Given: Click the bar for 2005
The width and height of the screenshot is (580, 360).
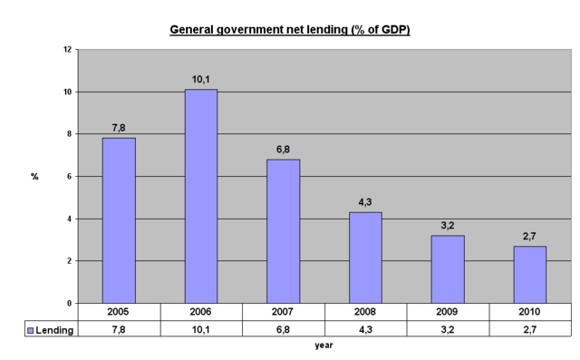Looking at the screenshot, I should (x=119, y=220).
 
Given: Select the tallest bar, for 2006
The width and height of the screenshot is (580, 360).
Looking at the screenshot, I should (x=201, y=196).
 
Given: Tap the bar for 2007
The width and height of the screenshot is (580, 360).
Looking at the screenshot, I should (x=283, y=231).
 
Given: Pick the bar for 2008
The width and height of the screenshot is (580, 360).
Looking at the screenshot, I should (x=365, y=258).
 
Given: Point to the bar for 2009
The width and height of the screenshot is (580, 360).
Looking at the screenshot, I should (x=448, y=269).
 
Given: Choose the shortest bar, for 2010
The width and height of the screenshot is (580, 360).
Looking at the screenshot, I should (x=529, y=274).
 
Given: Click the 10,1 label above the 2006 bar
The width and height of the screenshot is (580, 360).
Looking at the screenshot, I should (x=201, y=80).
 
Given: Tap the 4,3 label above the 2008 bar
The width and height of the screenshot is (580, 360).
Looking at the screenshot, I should (x=365, y=202).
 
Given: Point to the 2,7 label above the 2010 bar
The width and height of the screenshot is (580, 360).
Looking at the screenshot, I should (x=529, y=236).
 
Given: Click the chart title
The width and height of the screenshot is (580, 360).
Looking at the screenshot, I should (x=290, y=30).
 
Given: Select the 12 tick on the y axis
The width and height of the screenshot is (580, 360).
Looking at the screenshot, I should (x=67, y=50).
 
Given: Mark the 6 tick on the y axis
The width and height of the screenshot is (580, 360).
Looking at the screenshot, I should (x=69, y=177).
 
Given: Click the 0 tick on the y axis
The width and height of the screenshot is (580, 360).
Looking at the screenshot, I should (x=69, y=303).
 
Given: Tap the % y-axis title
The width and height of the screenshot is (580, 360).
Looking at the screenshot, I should (x=34, y=177).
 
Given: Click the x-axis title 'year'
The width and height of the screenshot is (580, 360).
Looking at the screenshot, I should (x=324, y=345).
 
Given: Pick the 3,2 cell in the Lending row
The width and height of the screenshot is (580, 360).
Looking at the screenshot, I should (x=448, y=329).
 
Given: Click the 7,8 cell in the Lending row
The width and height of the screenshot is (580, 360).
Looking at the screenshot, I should (x=119, y=329).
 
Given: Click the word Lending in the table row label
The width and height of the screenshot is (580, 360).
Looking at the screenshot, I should (x=56, y=330).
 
